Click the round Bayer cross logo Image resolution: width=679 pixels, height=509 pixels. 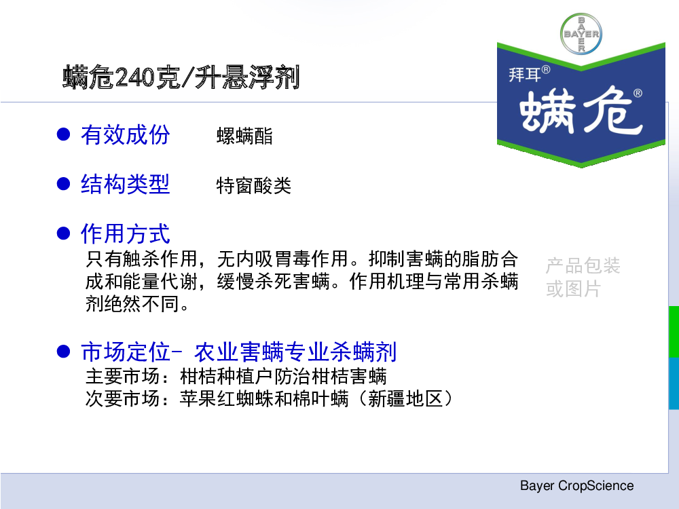coord(581,34)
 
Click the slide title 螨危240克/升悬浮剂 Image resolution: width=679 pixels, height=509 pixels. coord(181,77)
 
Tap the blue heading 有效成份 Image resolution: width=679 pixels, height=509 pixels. coord(125,134)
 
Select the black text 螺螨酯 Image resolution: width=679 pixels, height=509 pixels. coord(244,136)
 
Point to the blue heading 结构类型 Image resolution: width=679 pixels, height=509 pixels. coord(125,185)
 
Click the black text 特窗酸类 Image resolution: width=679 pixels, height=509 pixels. coord(254,186)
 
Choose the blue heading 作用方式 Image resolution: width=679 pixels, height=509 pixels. coord(125,233)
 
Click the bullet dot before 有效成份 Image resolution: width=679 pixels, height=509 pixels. coord(64,134)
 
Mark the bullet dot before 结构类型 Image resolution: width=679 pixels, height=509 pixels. coord(64,184)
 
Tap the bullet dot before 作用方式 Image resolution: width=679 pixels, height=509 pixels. coord(64,233)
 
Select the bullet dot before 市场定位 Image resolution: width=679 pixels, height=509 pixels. coord(64,352)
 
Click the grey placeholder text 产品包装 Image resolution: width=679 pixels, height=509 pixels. coord(583,265)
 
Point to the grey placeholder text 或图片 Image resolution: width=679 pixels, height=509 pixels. coord(573,288)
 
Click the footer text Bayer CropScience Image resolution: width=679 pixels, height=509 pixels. coord(576,486)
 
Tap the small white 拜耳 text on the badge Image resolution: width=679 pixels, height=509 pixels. coord(525,75)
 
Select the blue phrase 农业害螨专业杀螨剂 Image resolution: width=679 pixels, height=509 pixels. coord(295,352)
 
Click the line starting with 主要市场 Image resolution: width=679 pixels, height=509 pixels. coord(236,376)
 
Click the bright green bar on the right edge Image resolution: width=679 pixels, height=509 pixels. coord(674,332)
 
